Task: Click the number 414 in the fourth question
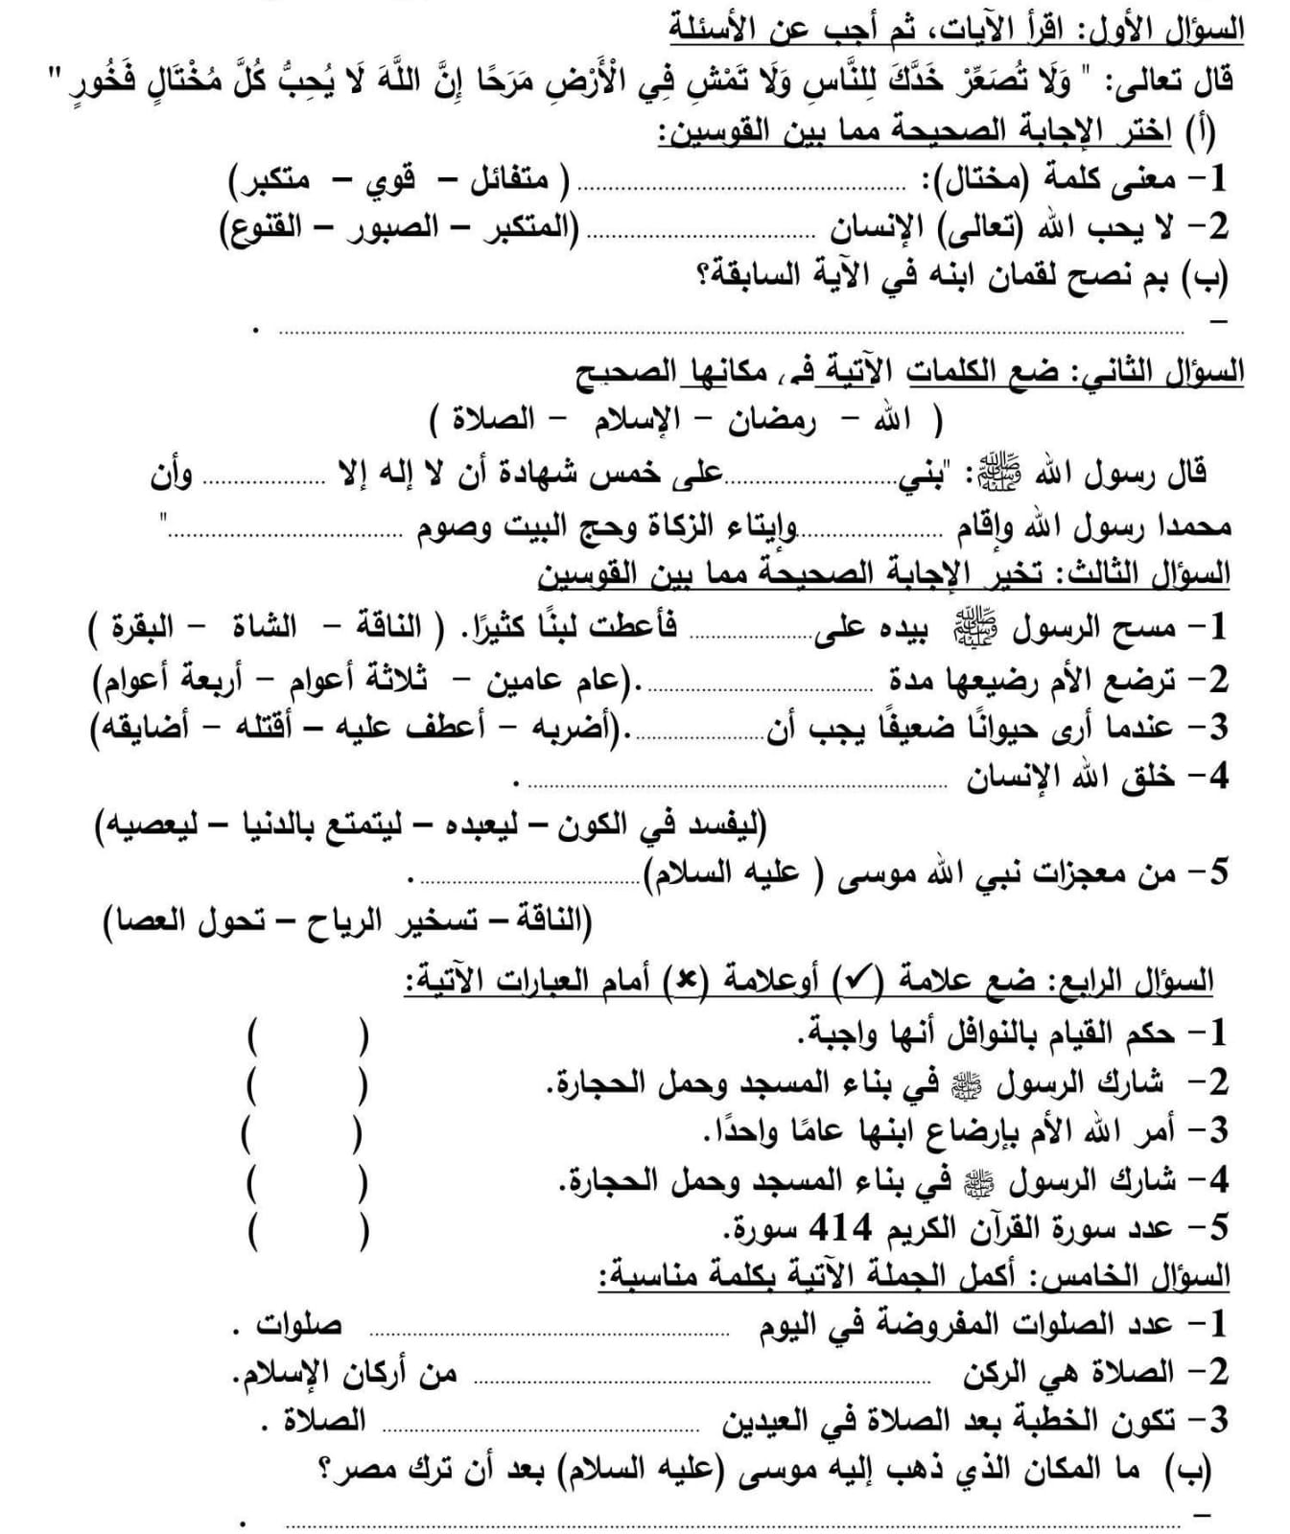(840, 1226)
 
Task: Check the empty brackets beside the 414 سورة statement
(308, 1229)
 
